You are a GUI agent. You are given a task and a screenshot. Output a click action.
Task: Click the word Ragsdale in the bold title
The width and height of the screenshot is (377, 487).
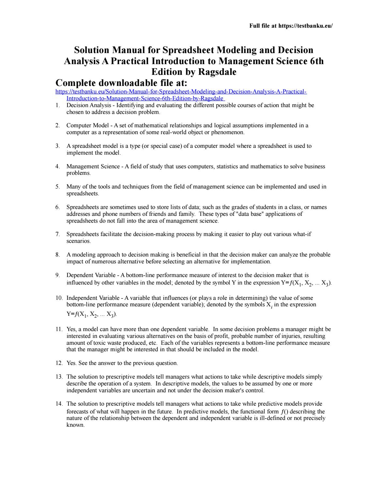click(217, 72)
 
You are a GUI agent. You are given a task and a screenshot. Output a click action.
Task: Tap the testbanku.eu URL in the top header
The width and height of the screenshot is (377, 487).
click(305, 26)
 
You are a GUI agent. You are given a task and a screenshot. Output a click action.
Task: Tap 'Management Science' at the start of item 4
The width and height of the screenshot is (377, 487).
click(93, 166)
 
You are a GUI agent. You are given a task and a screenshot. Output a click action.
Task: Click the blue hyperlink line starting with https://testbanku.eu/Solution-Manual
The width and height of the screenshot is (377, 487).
click(181, 92)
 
